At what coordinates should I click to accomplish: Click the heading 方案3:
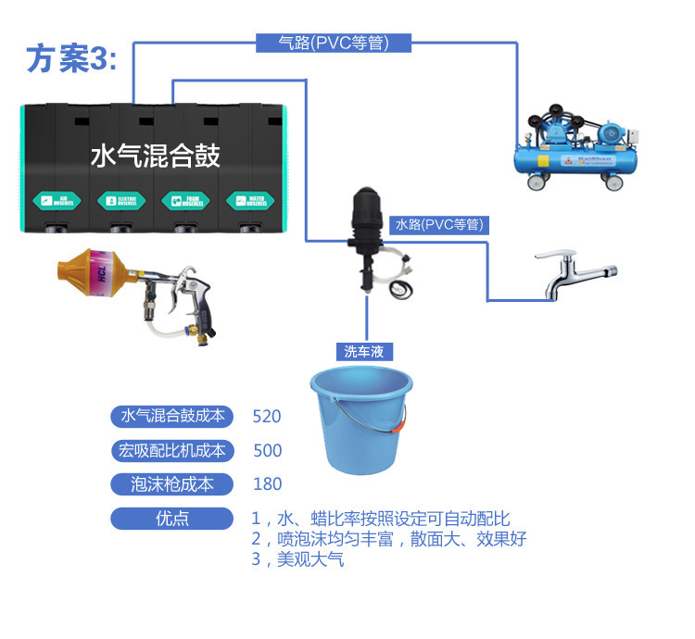coord(71,58)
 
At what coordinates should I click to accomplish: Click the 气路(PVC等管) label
coord(333,43)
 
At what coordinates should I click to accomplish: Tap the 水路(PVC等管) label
coord(439,224)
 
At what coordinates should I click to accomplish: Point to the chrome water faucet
coord(574,273)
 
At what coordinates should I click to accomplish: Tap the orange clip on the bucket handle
coord(398,429)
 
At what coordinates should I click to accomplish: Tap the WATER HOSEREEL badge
coord(247,200)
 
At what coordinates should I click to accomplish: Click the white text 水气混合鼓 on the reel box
coord(155,156)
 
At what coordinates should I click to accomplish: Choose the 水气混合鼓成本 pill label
coord(173,417)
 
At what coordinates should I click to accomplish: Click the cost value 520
coord(267,417)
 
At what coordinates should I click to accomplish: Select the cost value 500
coord(267,451)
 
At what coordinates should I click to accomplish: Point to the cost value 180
coord(267,484)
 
